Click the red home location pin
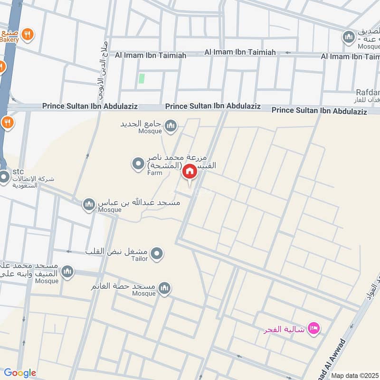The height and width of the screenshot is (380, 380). [x=190, y=172]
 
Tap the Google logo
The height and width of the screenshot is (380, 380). [x=20, y=373]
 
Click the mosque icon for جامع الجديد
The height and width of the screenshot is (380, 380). [x=171, y=126]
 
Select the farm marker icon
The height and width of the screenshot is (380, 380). [x=138, y=164]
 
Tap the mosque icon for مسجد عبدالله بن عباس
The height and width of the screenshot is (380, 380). [x=88, y=205]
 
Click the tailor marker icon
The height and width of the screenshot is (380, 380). [x=158, y=253]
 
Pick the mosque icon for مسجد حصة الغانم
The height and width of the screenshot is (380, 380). [x=164, y=288]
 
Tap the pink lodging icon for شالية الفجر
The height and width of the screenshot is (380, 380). [x=313, y=328]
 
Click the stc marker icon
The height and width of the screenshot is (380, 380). [x=5, y=178]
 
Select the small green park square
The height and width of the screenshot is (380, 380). [x=141, y=78]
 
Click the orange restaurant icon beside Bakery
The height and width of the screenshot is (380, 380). [x=28, y=34]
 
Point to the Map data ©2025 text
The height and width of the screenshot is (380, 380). [x=355, y=375]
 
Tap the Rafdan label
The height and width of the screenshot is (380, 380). [x=368, y=92]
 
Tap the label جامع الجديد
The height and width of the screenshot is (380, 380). [x=142, y=123]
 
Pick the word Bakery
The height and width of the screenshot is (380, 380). [x=9, y=40]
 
